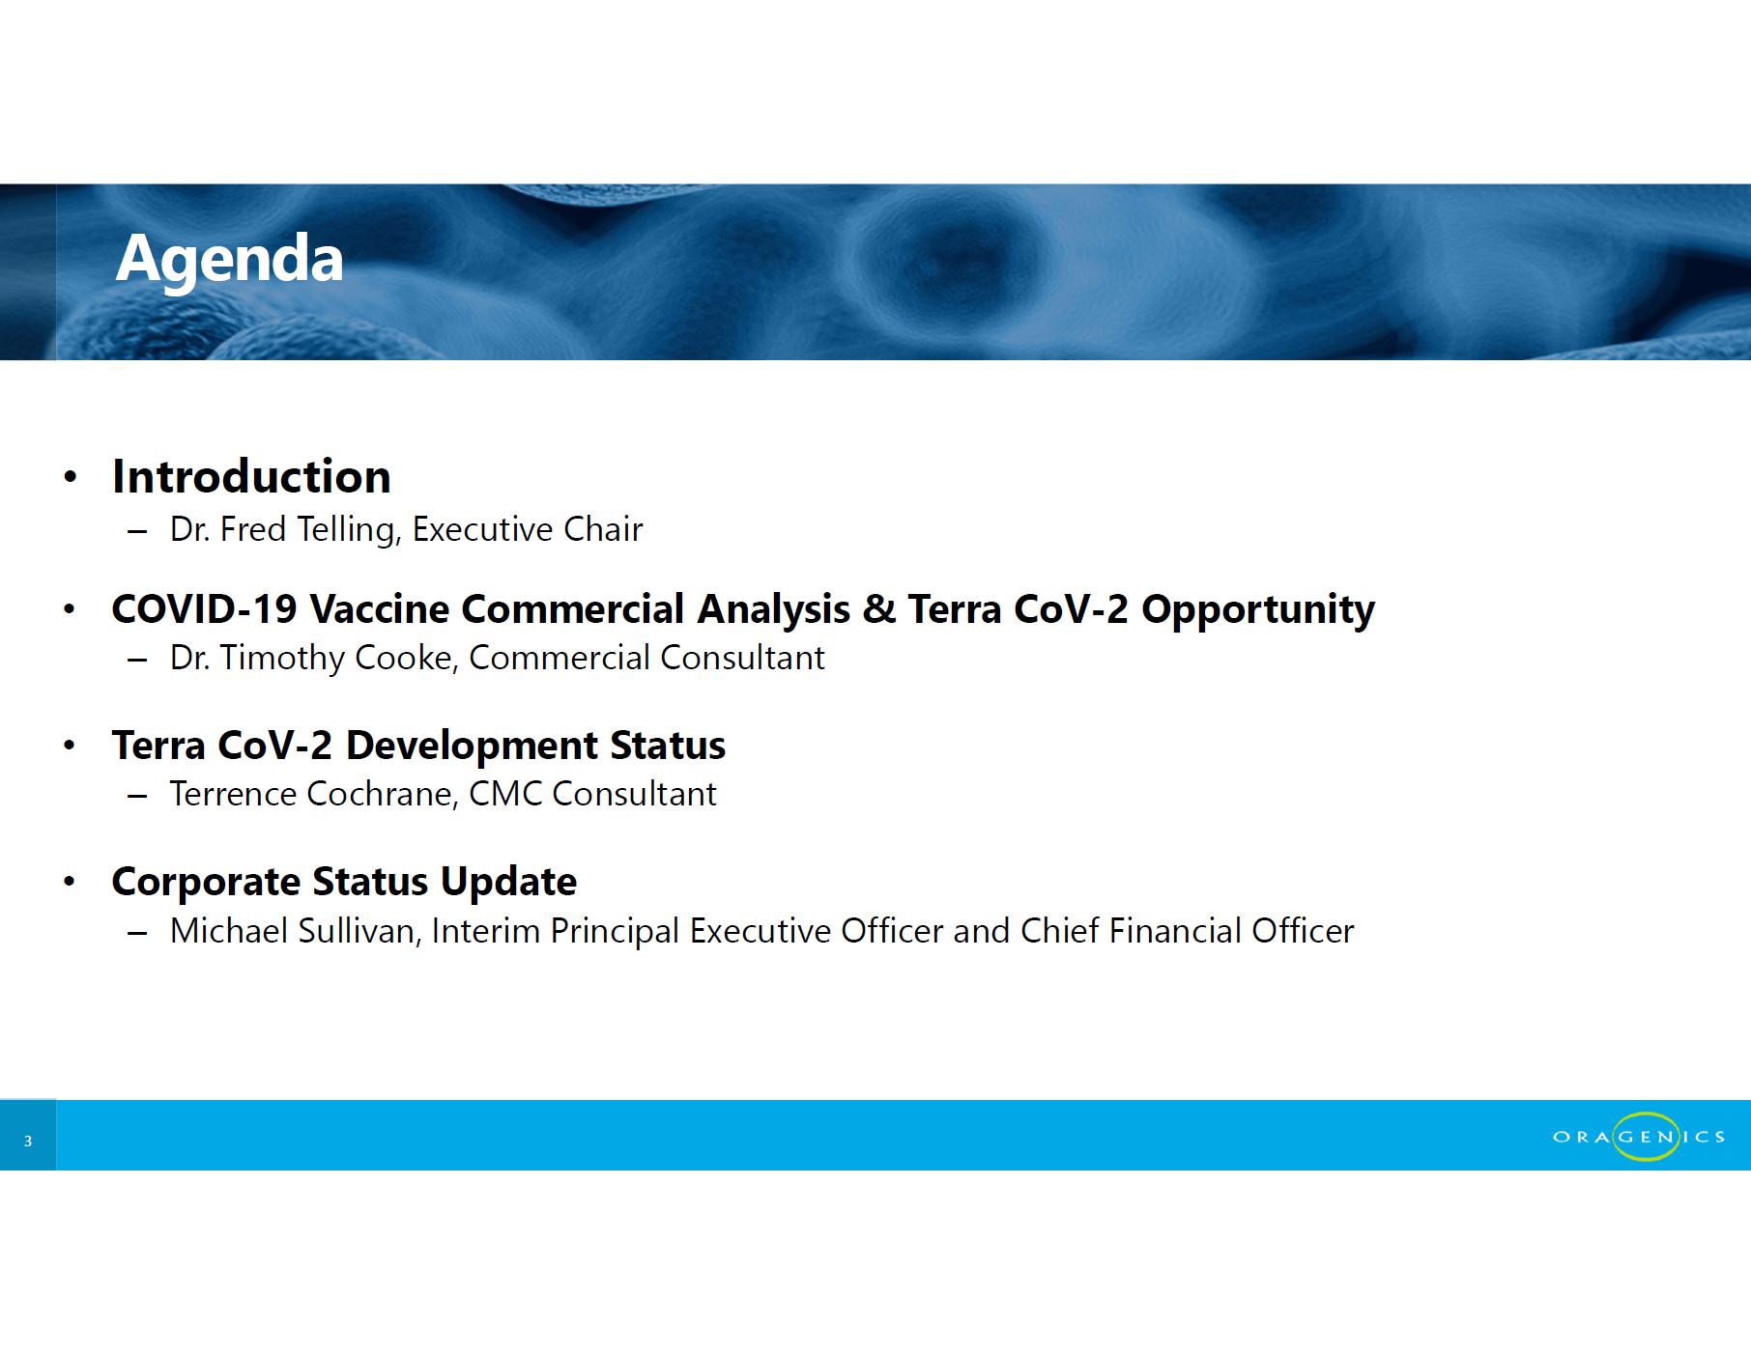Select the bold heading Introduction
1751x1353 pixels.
coord(251,476)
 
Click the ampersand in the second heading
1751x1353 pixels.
coord(878,609)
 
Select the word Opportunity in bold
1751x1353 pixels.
coord(1258,610)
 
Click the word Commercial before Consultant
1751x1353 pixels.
coord(560,658)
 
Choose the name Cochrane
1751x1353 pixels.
coord(382,794)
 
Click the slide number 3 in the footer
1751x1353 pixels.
coord(28,1142)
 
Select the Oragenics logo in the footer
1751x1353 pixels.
coord(1639,1137)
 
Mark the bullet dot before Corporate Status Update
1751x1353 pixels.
coord(69,882)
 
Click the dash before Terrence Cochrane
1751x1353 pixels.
coord(137,796)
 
